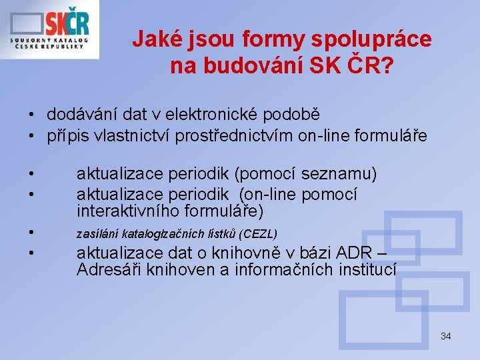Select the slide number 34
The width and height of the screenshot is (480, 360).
pos(445,336)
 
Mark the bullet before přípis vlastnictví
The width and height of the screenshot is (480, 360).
pos(31,137)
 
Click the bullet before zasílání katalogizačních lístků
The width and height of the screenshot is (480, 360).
pos(31,233)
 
